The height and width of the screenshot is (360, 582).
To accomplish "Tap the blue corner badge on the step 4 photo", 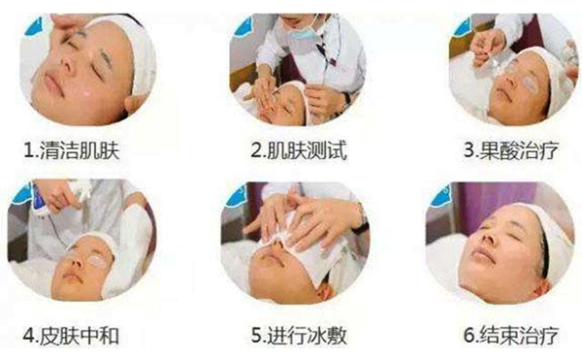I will coord(19,190).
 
